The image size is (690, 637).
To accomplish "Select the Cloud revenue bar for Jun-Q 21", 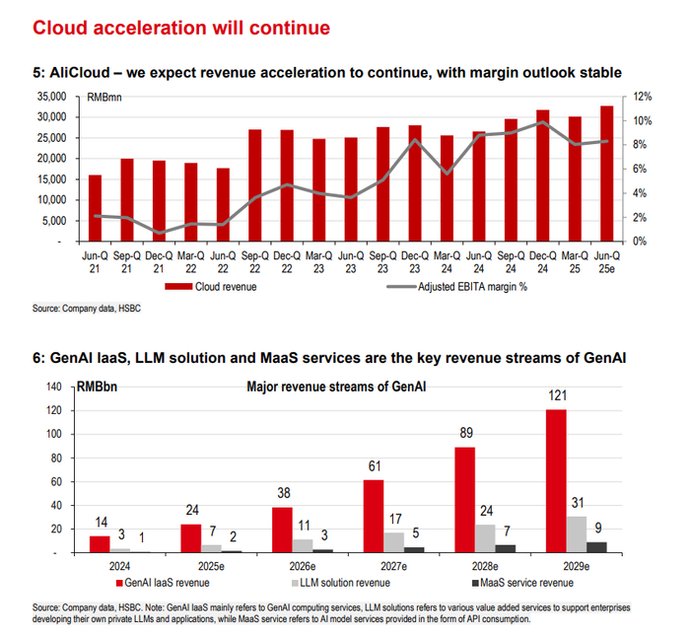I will [x=95, y=208].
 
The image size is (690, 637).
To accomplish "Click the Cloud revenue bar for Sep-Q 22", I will [x=254, y=185].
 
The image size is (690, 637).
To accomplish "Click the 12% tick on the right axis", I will [x=643, y=97].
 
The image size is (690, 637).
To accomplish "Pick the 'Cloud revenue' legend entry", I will [x=211, y=287].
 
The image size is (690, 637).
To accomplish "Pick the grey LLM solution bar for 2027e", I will [x=396, y=541].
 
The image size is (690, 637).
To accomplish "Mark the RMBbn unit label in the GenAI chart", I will [x=94, y=387].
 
